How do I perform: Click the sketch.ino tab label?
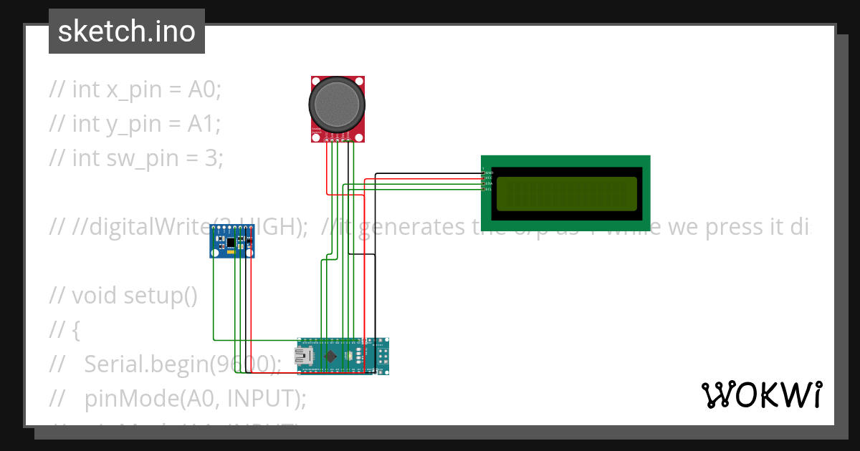pyautogui.click(x=126, y=31)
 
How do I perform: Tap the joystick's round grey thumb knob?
pyautogui.click(x=338, y=105)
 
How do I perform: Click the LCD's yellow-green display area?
pyautogui.click(x=566, y=193)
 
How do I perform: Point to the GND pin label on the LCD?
pyautogui.click(x=489, y=173)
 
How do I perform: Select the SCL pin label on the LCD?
pyautogui.click(x=489, y=189)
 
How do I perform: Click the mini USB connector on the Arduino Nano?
pyautogui.click(x=307, y=356)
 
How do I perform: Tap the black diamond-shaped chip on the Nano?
pyautogui.click(x=330, y=356)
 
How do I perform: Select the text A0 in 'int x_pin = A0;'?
pyautogui.click(x=202, y=89)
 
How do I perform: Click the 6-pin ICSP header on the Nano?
pyautogui.click(x=382, y=356)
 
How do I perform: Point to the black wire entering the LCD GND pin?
pyautogui.click(x=430, y=173)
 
